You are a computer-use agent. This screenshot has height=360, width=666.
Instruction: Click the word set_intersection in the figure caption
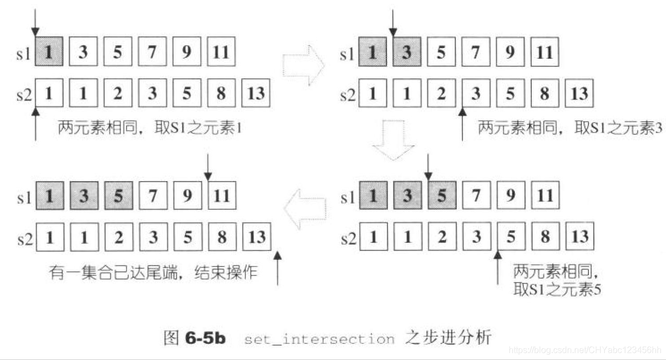click(x=319, y=338)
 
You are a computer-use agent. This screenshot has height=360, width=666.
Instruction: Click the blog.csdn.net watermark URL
click(x=585, y=350)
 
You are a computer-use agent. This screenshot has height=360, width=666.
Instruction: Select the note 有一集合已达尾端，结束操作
click(x=152, y=272)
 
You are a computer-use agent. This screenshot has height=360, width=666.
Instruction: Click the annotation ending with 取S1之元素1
click(x=150, y=128)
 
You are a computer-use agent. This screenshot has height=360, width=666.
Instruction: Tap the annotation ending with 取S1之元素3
click(x=569, y=128)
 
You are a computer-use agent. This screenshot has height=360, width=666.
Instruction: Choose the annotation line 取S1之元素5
click(x=556, y=289)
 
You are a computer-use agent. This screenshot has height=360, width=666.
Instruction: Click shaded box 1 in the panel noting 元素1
click(x=50, y=52)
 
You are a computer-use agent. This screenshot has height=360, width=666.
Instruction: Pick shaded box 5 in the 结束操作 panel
click(x=118, y=197)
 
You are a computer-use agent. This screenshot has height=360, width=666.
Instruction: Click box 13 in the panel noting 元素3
click(x=580, y=94)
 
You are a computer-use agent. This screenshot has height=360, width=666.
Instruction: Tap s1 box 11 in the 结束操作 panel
click(x=221, y=196)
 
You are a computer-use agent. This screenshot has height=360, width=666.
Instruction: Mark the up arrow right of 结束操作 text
click(x=278, y=268)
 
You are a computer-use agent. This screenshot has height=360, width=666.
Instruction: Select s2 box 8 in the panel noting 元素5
click(x=545, y=237)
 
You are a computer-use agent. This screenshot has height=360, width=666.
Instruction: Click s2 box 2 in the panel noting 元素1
click(x=118, y=94)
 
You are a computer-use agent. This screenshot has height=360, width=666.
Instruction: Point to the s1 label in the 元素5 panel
click(x=347, y=197)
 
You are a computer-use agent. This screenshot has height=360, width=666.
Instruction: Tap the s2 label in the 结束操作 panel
click(x=24, y=238)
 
